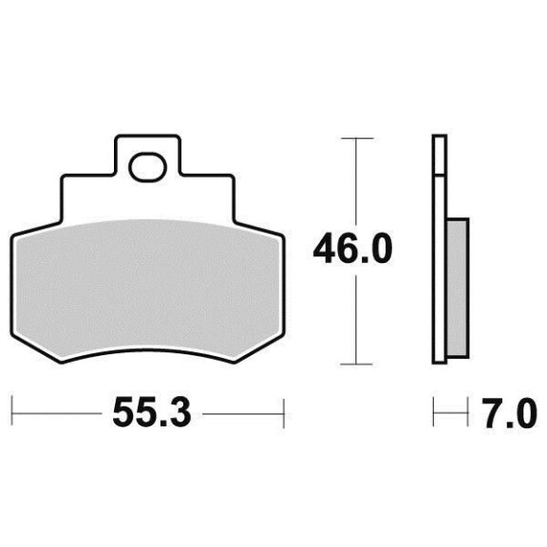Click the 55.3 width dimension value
click(x=152, y=414)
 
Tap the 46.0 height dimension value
click(x=352, y=249)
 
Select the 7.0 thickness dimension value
click(x=510, y=414)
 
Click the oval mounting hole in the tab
click(x=147, y=168)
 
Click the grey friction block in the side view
click(x=458, y=288)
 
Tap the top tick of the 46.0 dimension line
click(x=357, y=139)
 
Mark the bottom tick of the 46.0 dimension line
click(x=356, y=364)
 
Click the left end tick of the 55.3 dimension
click(x=12, y=410)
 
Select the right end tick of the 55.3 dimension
click(x=284, y=414)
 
